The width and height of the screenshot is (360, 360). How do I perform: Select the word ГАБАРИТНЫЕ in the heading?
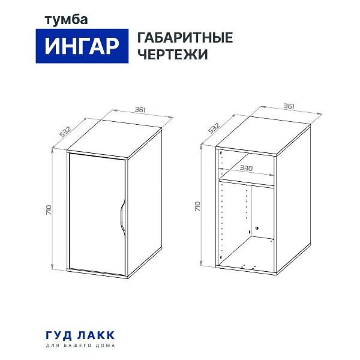(x=185, y=38)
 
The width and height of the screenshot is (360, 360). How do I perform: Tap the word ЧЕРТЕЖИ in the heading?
(x=173, y=55)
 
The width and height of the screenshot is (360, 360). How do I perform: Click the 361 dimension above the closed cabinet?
(x=141, y=110)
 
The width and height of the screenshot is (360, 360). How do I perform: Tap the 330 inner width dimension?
(x=246, y=169)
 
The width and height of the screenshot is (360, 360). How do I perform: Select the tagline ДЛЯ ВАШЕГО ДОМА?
(x=79, y=346)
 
